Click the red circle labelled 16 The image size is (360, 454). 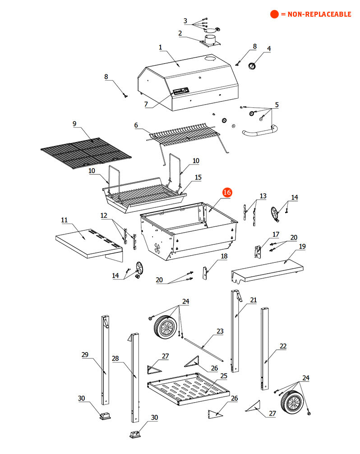point(227,193)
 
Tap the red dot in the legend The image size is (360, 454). point(274,14)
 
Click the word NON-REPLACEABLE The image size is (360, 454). point(319,14)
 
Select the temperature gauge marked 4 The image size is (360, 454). point(252,66)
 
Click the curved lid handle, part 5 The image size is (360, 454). point(260,132)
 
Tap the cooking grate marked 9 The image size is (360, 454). point(86,152)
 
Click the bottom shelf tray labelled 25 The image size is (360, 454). point(188,389)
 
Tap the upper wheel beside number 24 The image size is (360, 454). point(165,326)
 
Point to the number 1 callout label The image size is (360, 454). point(161,47)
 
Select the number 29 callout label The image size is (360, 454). point(85,355)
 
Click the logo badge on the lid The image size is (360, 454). point(181,91)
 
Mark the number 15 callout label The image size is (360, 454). point(198,177)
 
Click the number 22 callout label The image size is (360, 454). point(283,346)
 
